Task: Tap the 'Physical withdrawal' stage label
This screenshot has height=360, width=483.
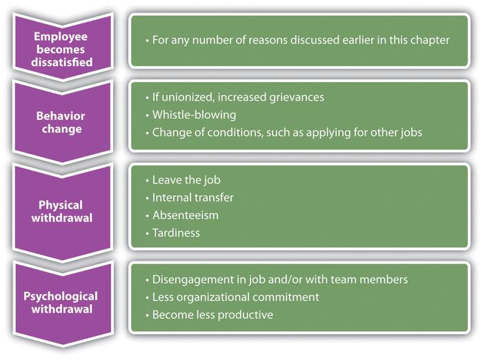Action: tap(61, 211)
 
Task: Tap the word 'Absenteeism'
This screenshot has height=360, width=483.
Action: tap(186, 215)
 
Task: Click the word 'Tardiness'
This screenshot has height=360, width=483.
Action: tap(178, 232)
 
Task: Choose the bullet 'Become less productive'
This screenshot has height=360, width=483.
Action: tap(212, 314)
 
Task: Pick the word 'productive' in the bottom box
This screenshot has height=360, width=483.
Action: tap(247, 314)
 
